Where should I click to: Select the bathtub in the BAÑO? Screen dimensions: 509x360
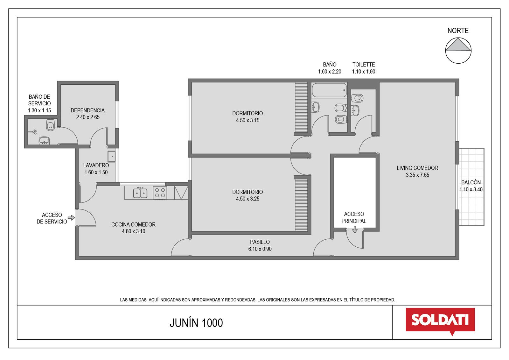329,90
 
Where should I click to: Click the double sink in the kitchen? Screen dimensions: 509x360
140,193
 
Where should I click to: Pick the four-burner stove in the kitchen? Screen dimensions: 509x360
160,193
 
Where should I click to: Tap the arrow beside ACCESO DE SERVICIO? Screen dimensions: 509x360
71,218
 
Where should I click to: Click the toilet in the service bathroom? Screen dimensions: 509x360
51,125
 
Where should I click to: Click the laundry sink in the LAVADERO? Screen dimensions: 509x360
111,157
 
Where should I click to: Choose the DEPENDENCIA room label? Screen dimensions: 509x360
87,110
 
